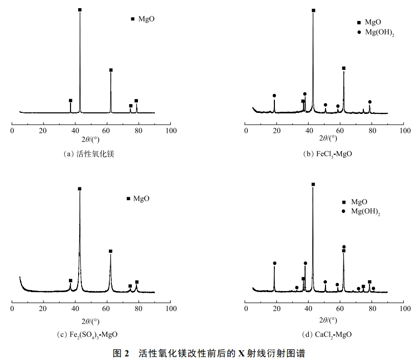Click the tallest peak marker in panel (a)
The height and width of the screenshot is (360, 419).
click(80, 10)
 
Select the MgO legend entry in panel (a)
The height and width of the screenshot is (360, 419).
click(143, 19)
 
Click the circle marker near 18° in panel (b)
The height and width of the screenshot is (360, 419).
click(274, 95)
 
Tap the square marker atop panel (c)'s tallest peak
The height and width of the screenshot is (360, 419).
click(80, 189)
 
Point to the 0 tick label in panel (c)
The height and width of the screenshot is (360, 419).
click(12, 309)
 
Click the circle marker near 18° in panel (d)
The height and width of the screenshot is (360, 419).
click(275, 263)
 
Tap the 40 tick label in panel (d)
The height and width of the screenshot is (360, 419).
click(309, 309)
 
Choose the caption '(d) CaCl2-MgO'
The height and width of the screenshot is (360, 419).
click(327, 334)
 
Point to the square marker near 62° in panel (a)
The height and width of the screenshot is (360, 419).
click(111, 70)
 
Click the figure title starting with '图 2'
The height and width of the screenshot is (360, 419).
click(209, 352)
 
